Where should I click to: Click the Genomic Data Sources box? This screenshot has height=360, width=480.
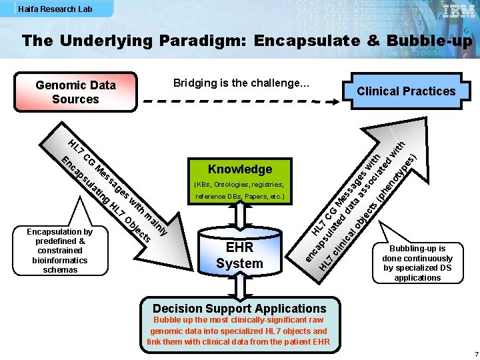coord(75,92)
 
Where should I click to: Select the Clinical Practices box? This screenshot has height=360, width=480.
coord(405,91)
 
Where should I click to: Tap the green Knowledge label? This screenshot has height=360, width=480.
coord(240,169)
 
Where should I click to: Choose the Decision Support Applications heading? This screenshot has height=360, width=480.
coord(239,308)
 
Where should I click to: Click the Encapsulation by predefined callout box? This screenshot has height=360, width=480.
coord(60,251)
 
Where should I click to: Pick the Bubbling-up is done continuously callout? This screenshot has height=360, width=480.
coord(417,263)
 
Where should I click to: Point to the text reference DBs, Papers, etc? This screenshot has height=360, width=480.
coord(239,197)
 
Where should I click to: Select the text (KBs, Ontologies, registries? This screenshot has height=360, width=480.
coord(239,184)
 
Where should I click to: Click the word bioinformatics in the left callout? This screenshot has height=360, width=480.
coord(60,260)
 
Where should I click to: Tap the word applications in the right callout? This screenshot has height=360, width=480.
coord(417,277)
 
